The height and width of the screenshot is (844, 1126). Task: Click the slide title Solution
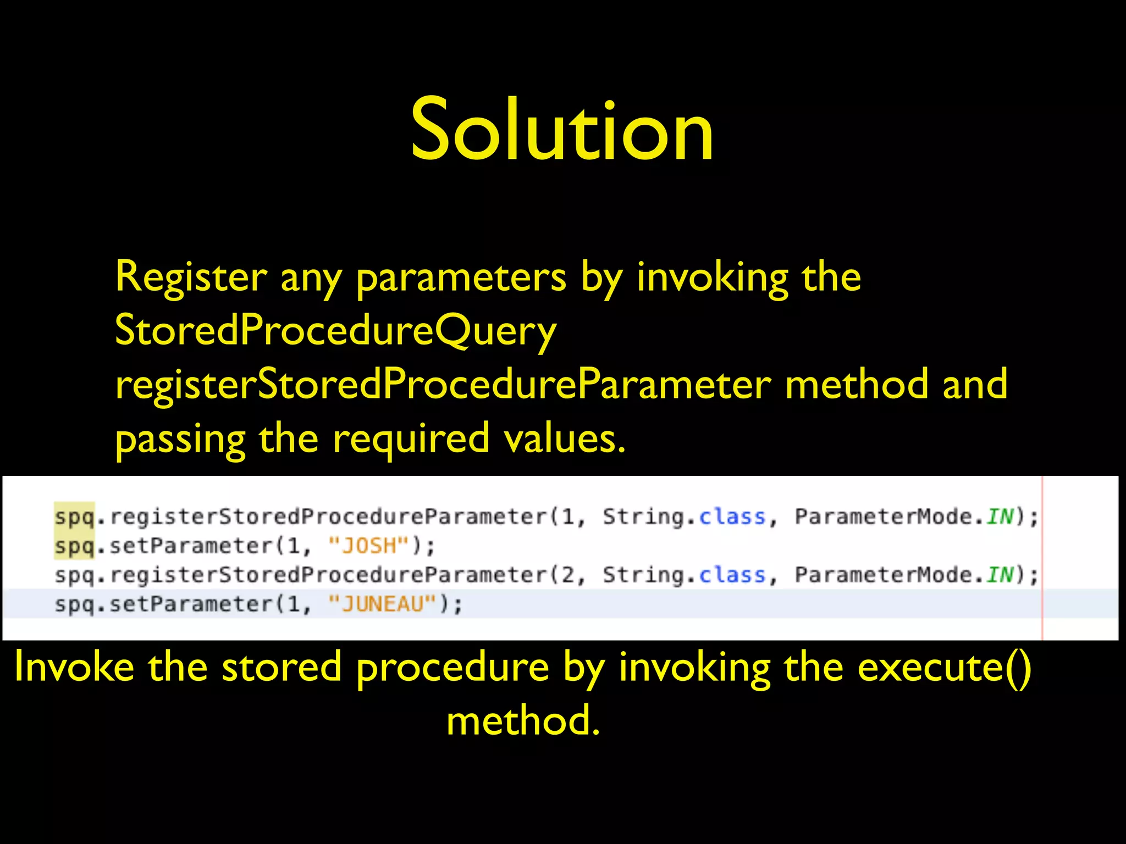(x=562, y=131)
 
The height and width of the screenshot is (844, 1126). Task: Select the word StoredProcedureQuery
(x=335, y=331)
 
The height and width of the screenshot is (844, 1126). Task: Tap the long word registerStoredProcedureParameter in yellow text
(x=443, y=385)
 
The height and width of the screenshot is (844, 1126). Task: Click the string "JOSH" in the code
(x=369, y=546)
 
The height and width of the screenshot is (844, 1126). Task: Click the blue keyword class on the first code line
(x=732, y=517)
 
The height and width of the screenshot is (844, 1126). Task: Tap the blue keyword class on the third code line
(x=732, y=575)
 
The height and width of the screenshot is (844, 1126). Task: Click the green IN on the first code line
(x=1000, y=517)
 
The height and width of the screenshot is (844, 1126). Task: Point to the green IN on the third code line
(x=1000, y=575)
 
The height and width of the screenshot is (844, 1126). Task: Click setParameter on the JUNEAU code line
(x=191, y=604)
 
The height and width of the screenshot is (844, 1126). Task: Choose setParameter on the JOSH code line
(x=191, y=546)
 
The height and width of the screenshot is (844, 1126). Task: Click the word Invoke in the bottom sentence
(x=74, y=667)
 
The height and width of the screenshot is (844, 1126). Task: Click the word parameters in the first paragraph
(x=461, y=277)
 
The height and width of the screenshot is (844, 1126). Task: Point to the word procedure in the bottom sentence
(x=452, y=667)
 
